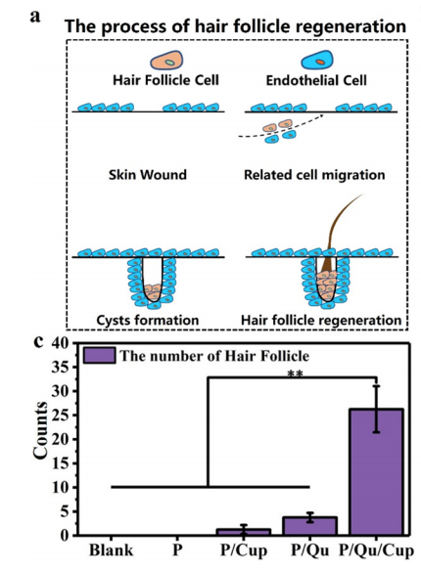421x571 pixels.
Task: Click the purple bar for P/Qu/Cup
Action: coord(376,472)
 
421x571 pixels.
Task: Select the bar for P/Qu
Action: coord(310,526)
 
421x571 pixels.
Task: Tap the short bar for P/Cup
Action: coord(244,533)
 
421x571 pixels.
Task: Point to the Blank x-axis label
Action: coord(112,549)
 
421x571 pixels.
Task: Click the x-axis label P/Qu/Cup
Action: coord(376,550)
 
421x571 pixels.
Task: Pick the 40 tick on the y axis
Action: coord(61,343)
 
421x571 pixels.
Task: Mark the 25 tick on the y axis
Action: coord(61,416)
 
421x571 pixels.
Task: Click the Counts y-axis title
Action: coord(40,430)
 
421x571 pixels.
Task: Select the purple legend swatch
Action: coord(99,355)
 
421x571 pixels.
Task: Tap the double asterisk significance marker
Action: coord(295,374)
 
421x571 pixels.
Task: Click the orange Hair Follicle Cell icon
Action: coord(166,60)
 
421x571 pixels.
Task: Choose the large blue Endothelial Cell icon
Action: coord(317,60)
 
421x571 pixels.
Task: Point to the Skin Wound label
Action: coord(148,175)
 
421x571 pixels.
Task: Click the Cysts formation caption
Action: coord(148,320)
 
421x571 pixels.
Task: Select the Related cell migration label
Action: coord(314,175)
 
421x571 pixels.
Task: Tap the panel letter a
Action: coord(35,17)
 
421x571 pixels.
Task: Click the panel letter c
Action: coord(38,342)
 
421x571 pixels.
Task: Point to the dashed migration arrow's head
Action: coord(322,115)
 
